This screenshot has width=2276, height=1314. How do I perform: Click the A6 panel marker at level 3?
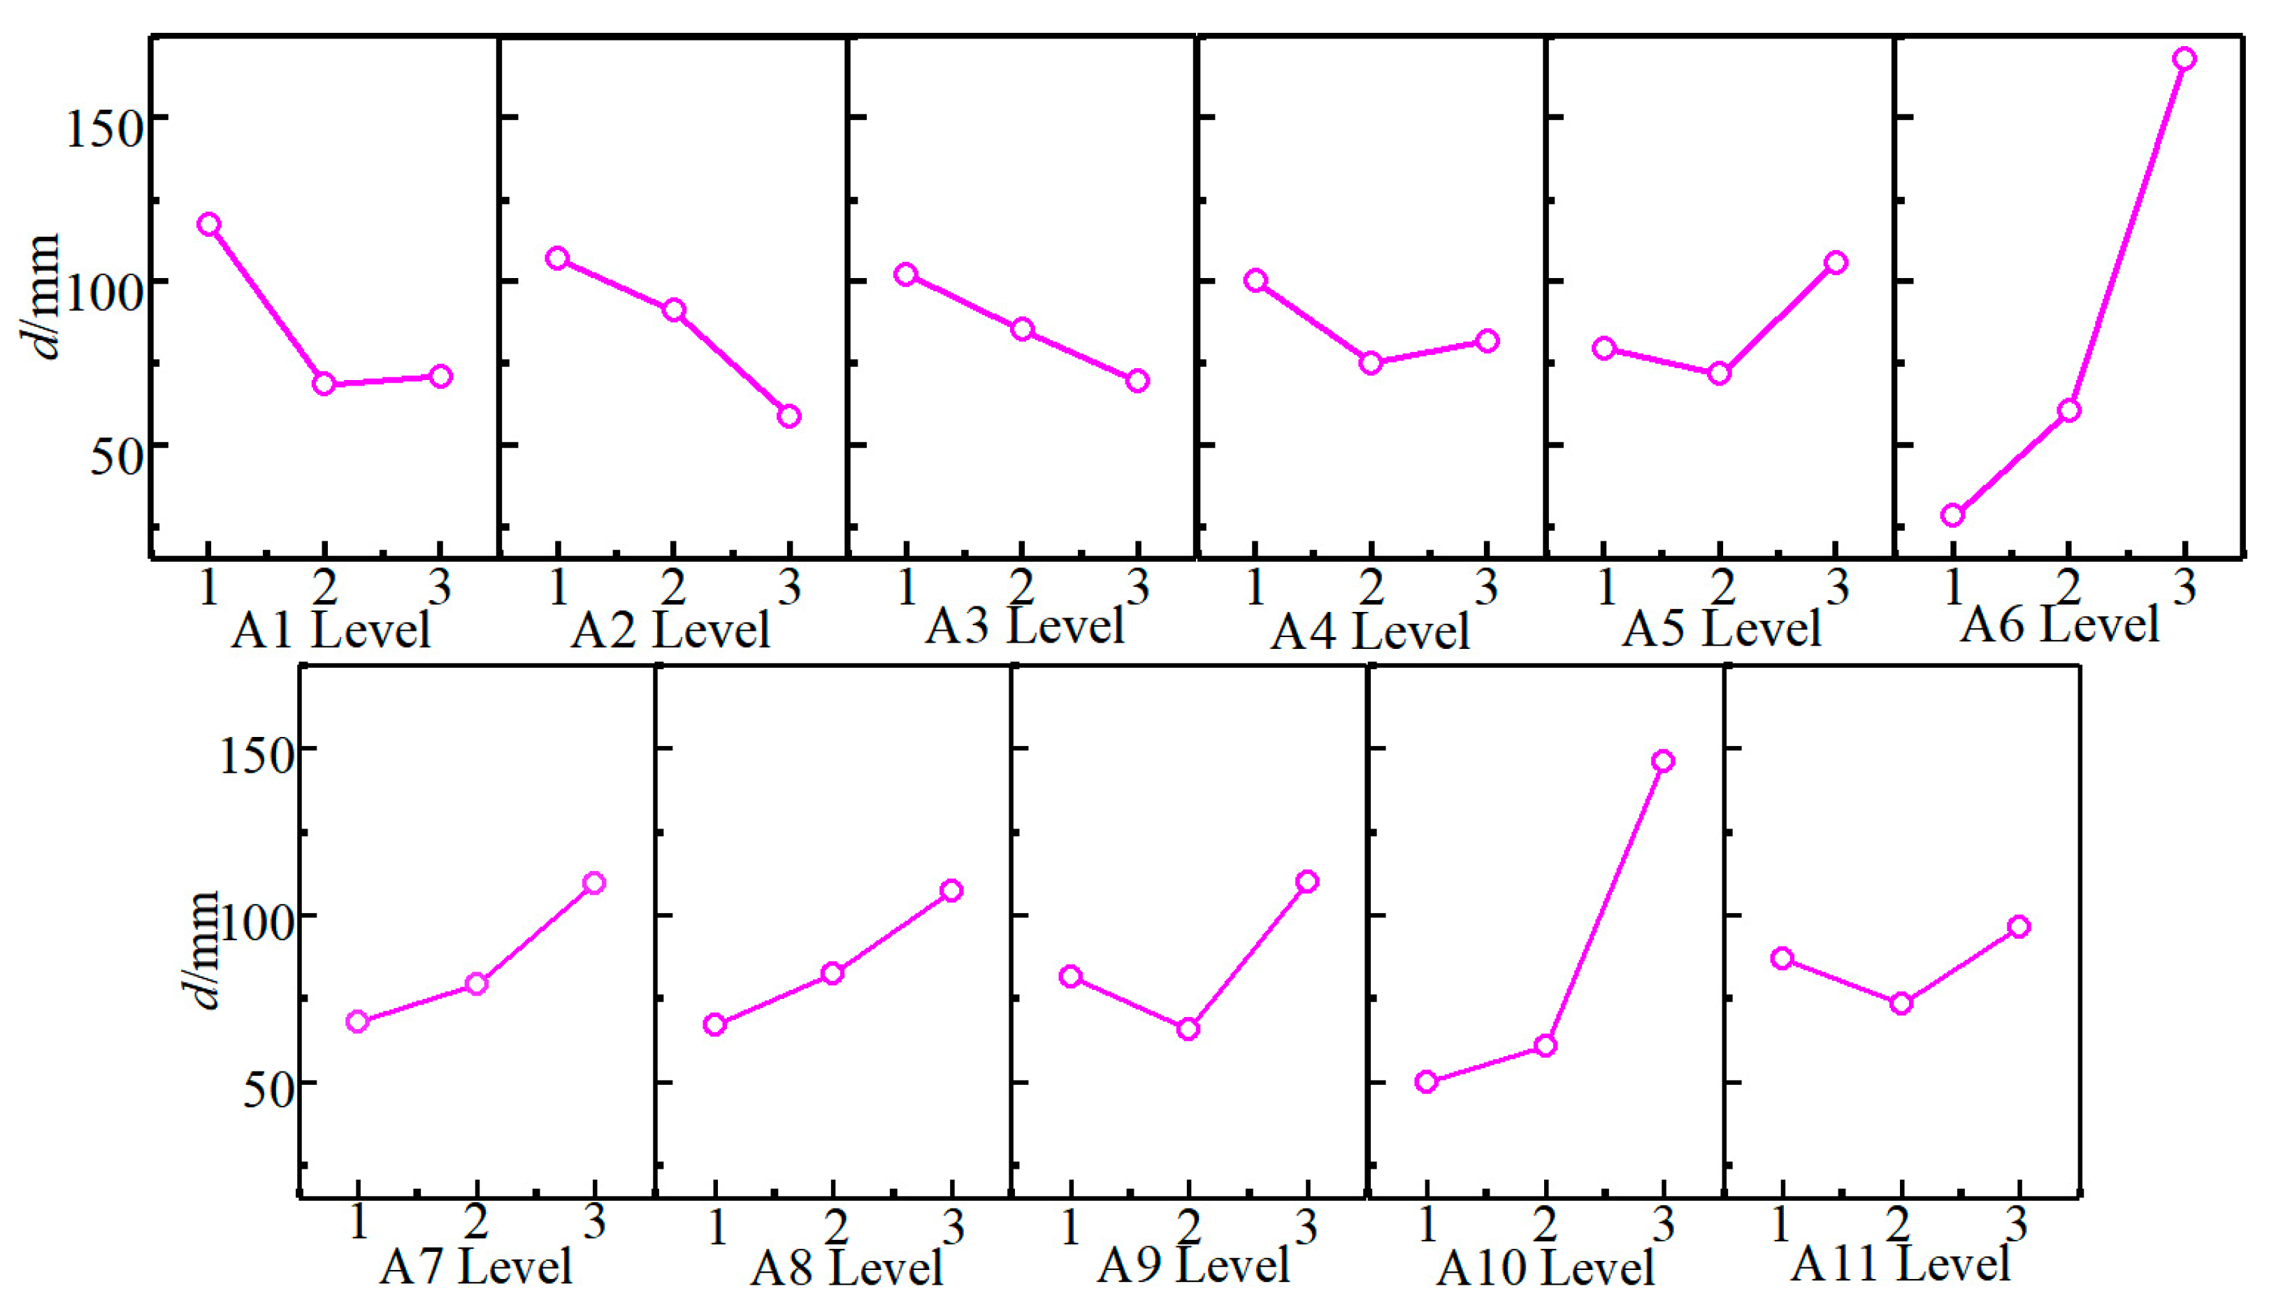[x=2183, y=59]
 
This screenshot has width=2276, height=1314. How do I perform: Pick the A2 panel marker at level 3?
[x=789, y=416]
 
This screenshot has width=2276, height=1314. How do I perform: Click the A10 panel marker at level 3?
[x=1663, y=761]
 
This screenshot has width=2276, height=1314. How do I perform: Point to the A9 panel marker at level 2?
[x=1188, y=1029]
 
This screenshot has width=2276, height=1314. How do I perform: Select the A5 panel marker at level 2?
[x=1719, y=374]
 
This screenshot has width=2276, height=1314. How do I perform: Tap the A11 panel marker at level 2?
[x=1901, y=1004]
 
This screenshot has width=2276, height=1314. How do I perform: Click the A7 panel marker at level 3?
[x=593, y=882]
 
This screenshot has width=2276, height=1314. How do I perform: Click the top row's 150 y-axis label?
[x=106, y=129]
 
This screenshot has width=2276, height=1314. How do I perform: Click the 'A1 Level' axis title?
[x=331, y=630]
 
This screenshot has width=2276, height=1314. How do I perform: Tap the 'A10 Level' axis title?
[x=1545, y=1269]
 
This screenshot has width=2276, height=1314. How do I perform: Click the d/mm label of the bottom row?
[x=203, y=949]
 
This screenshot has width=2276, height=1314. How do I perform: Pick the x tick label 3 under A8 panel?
[x=953, y=1227]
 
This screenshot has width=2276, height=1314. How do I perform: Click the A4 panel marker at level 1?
[x=1255, y=281]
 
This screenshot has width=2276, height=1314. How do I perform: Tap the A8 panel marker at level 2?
[x=833, y=973]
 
